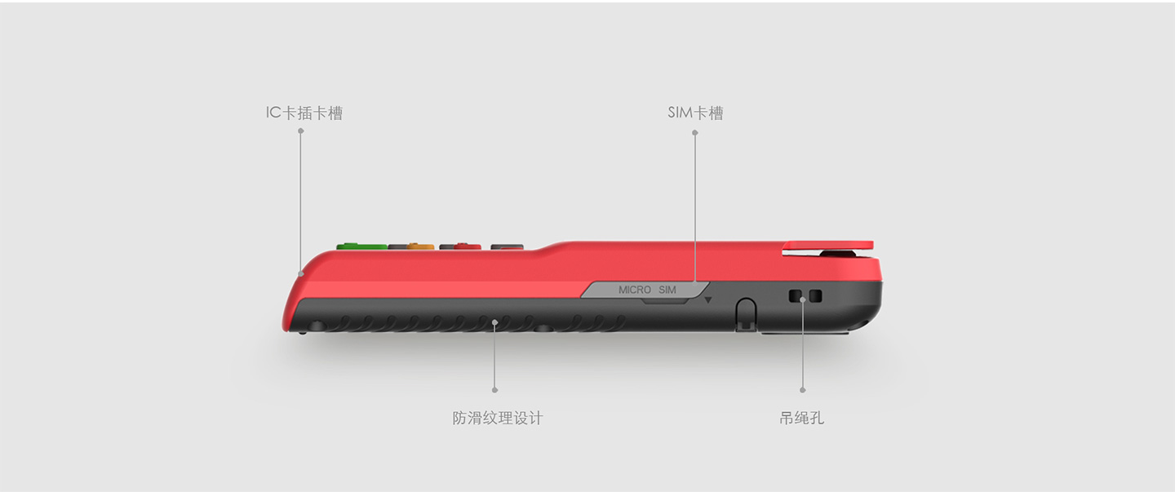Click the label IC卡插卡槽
click(304, 113)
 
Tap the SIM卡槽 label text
click(695, 113)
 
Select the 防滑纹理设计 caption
click(497, 418)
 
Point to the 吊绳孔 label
click(801, 418)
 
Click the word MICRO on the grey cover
click(635, 290)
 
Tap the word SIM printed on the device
click(667, 290)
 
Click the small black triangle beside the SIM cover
click(708, 300)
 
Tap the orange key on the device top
click(412, 245)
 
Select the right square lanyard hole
click(815, 296)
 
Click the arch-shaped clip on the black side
click(746, 312)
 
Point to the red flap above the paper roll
click(827, 245)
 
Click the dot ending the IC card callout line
click(301, 273)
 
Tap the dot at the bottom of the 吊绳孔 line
click(802, 390)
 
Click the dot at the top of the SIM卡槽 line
click(695, 132)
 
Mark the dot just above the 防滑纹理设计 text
click(495, 390)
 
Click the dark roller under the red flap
click(837, 255)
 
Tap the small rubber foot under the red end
click(303, 331)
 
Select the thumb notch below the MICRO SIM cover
click(663, 301)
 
